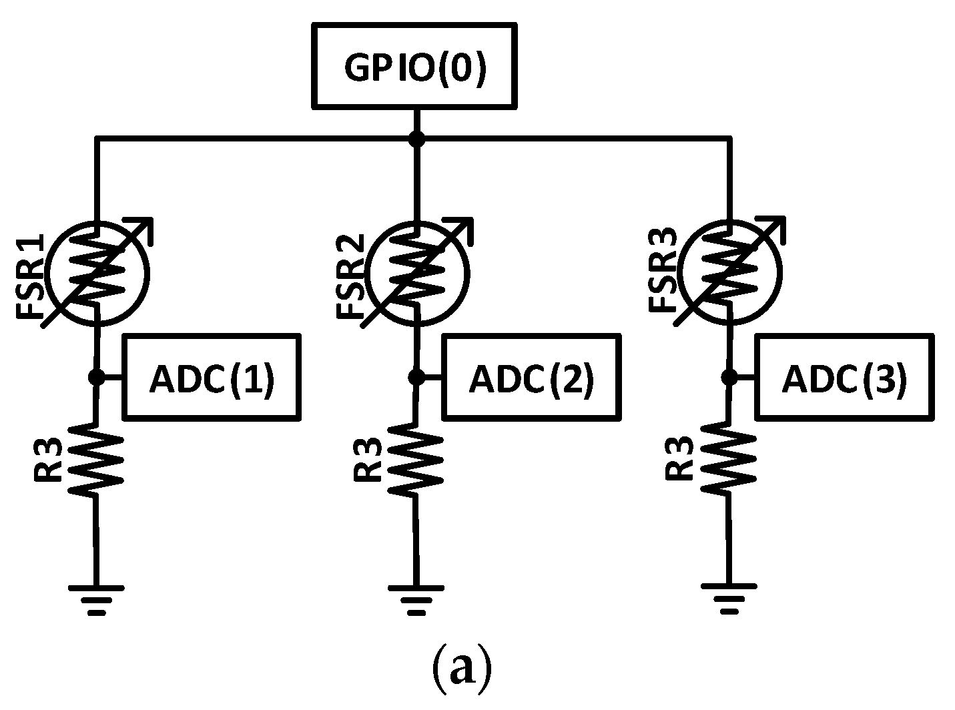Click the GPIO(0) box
coord(414,65)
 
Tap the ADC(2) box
coord(531,378)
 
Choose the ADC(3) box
coord(844,378)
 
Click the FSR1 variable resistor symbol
coord(97,272)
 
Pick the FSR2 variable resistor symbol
coord(417,272)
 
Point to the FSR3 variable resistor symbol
coord(729,271)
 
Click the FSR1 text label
coord(32,275)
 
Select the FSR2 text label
coord(352,275)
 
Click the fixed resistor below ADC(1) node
coord(97,458)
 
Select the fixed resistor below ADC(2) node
coord(416,458)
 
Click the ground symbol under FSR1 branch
coord(96,598)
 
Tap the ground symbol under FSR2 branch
coord(416,598)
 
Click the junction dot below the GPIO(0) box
coord(416,139)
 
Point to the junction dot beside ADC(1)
coord(96,377)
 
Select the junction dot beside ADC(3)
coord(729,377)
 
